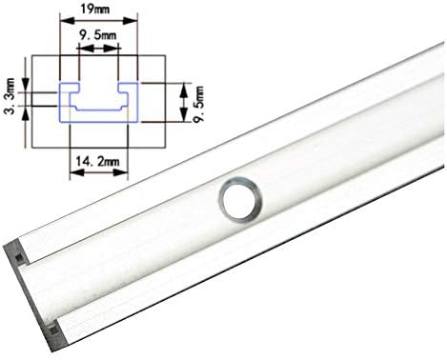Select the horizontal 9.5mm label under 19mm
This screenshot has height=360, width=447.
98,35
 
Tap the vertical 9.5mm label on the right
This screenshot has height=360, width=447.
199,105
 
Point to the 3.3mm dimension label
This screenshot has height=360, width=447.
10,95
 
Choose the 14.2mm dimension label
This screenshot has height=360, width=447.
97,162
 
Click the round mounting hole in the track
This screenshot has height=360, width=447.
240,199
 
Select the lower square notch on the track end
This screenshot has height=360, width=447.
54,331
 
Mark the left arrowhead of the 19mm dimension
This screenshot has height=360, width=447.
68,21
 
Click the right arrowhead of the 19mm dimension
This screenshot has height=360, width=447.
131,21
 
